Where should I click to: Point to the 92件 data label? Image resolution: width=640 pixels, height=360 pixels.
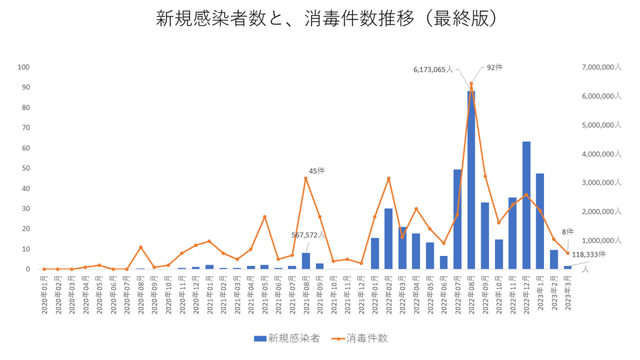[494, 67]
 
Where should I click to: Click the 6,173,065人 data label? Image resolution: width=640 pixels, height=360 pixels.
[433, 69]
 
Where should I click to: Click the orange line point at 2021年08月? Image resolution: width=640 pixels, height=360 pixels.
[306, 178]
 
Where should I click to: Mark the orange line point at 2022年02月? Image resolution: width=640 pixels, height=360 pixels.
[388, 178]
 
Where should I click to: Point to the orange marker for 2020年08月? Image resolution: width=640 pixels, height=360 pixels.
[140, 247]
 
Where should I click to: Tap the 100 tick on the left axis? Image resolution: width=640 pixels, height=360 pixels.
[25, 67]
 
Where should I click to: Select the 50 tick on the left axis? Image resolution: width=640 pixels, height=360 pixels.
[26, 168]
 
